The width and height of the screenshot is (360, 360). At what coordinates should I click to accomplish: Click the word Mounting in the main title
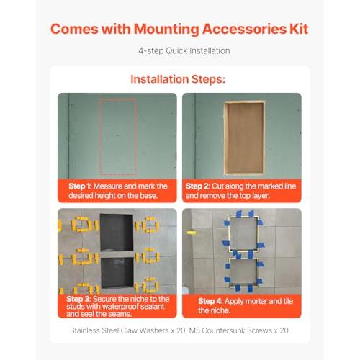pyautogui.click(x=166, y=30)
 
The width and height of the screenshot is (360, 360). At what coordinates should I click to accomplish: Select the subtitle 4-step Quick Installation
pyautogui.click(x=184, y=51)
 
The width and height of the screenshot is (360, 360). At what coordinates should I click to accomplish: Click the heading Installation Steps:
pyautogui.click(x=178, y=79)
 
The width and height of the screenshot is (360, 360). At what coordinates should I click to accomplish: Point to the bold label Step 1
pyautogui.click(x=79, y=186)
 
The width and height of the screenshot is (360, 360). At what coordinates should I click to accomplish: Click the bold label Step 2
pyautogui.click(x=197, y=186)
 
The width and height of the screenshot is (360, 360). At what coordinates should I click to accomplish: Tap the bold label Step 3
pyautogui.click(x=78, y=299)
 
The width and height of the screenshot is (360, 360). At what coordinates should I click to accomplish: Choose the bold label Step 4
pyautogui.click(x=210, y=301)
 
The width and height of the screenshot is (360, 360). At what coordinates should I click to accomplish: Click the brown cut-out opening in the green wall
pyautogui.click(x=244, y=138)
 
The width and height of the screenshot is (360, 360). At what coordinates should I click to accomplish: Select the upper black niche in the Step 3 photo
pyautogui.click(x=117, y=232)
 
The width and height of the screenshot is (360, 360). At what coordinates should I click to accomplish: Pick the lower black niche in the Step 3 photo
pyautogui.click(x=117, y=272)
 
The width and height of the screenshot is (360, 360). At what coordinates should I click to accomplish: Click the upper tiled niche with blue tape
pyautogui.click(x=243, y=234)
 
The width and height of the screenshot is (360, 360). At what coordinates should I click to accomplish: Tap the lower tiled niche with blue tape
pyautogui.click(x=243, y=272)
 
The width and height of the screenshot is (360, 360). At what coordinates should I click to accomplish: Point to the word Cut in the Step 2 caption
pyautogui.click(x=217, y=186)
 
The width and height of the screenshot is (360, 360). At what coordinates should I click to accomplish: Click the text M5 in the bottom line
pyautogui.click(x=194, y=330)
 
